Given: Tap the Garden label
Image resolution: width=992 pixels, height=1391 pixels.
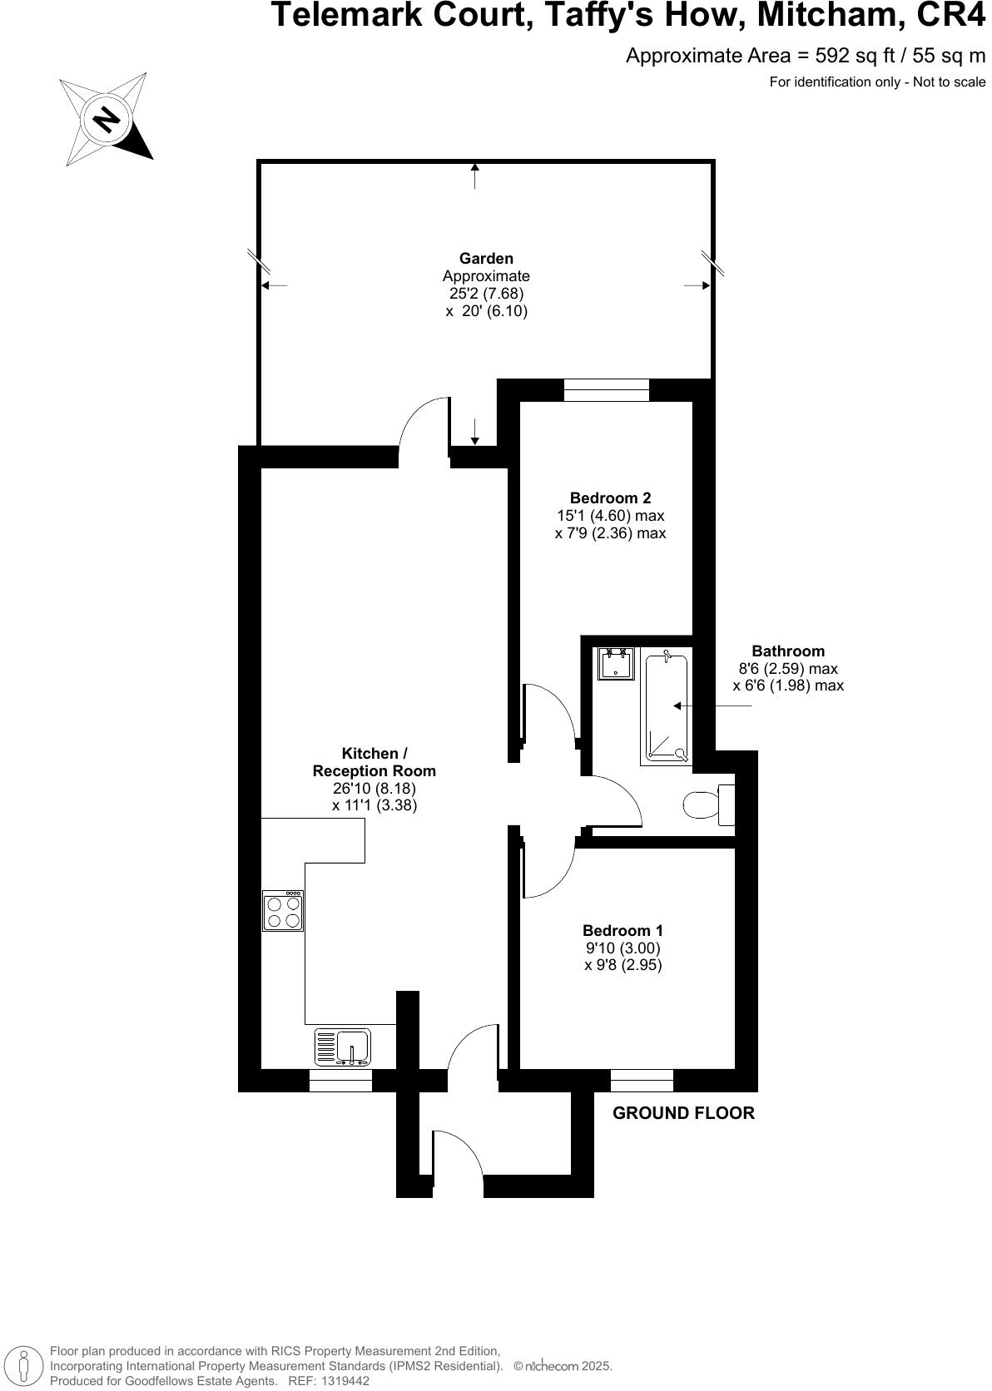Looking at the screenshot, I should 486,259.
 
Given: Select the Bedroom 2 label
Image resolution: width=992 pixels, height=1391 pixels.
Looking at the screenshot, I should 610,498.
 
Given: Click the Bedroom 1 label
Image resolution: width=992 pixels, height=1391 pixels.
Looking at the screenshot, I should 622,930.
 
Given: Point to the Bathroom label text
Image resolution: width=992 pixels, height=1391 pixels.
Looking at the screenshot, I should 787,651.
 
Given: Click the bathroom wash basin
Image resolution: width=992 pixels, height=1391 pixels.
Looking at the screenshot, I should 616,663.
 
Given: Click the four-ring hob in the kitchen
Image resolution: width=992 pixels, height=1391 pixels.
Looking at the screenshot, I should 283,910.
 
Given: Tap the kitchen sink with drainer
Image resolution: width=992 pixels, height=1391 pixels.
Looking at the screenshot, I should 343,1047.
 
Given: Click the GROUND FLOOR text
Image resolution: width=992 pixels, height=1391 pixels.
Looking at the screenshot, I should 683,1113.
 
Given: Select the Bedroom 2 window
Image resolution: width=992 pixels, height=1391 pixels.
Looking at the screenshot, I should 606,390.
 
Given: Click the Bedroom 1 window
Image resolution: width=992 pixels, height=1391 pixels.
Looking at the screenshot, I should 642,1080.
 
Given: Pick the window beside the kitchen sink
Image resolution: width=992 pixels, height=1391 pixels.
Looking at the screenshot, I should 340,1080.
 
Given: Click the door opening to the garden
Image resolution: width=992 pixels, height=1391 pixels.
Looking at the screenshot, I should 424,428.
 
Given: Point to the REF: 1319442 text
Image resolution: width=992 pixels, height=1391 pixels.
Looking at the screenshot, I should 328,1381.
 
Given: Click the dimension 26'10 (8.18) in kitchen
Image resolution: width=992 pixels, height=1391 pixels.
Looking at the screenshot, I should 374,788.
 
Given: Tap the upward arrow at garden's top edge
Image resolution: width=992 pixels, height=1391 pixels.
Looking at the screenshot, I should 475,176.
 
